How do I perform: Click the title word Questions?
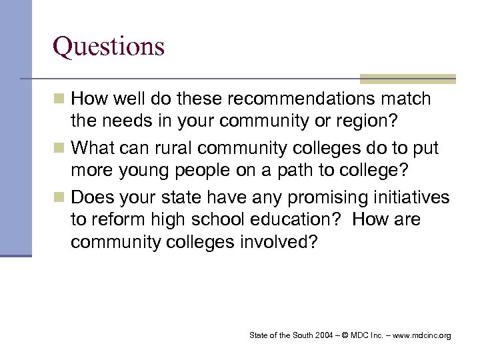point(109,46)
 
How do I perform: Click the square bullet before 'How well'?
point(59,100)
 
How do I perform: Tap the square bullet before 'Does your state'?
point(59,198)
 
